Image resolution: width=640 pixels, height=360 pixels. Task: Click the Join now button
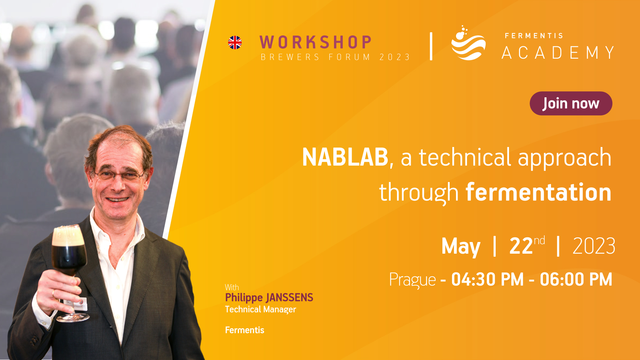571,103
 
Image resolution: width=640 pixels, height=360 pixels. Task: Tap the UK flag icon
235,43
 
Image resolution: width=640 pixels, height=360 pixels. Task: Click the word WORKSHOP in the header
315,42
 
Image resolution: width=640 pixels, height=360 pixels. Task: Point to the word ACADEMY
558,53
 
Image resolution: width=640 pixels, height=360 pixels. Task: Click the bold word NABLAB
345,157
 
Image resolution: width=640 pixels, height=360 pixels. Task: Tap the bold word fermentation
539,192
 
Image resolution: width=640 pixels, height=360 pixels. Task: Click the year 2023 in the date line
594,246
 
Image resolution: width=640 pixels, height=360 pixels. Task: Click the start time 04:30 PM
487,279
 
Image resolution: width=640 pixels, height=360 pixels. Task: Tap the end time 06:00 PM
576,279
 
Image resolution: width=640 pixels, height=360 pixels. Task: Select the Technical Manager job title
260,310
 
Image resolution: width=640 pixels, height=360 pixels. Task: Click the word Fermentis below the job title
245,330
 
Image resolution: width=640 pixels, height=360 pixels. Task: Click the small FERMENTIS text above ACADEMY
534,36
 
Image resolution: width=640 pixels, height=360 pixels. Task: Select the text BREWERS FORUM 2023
335,57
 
